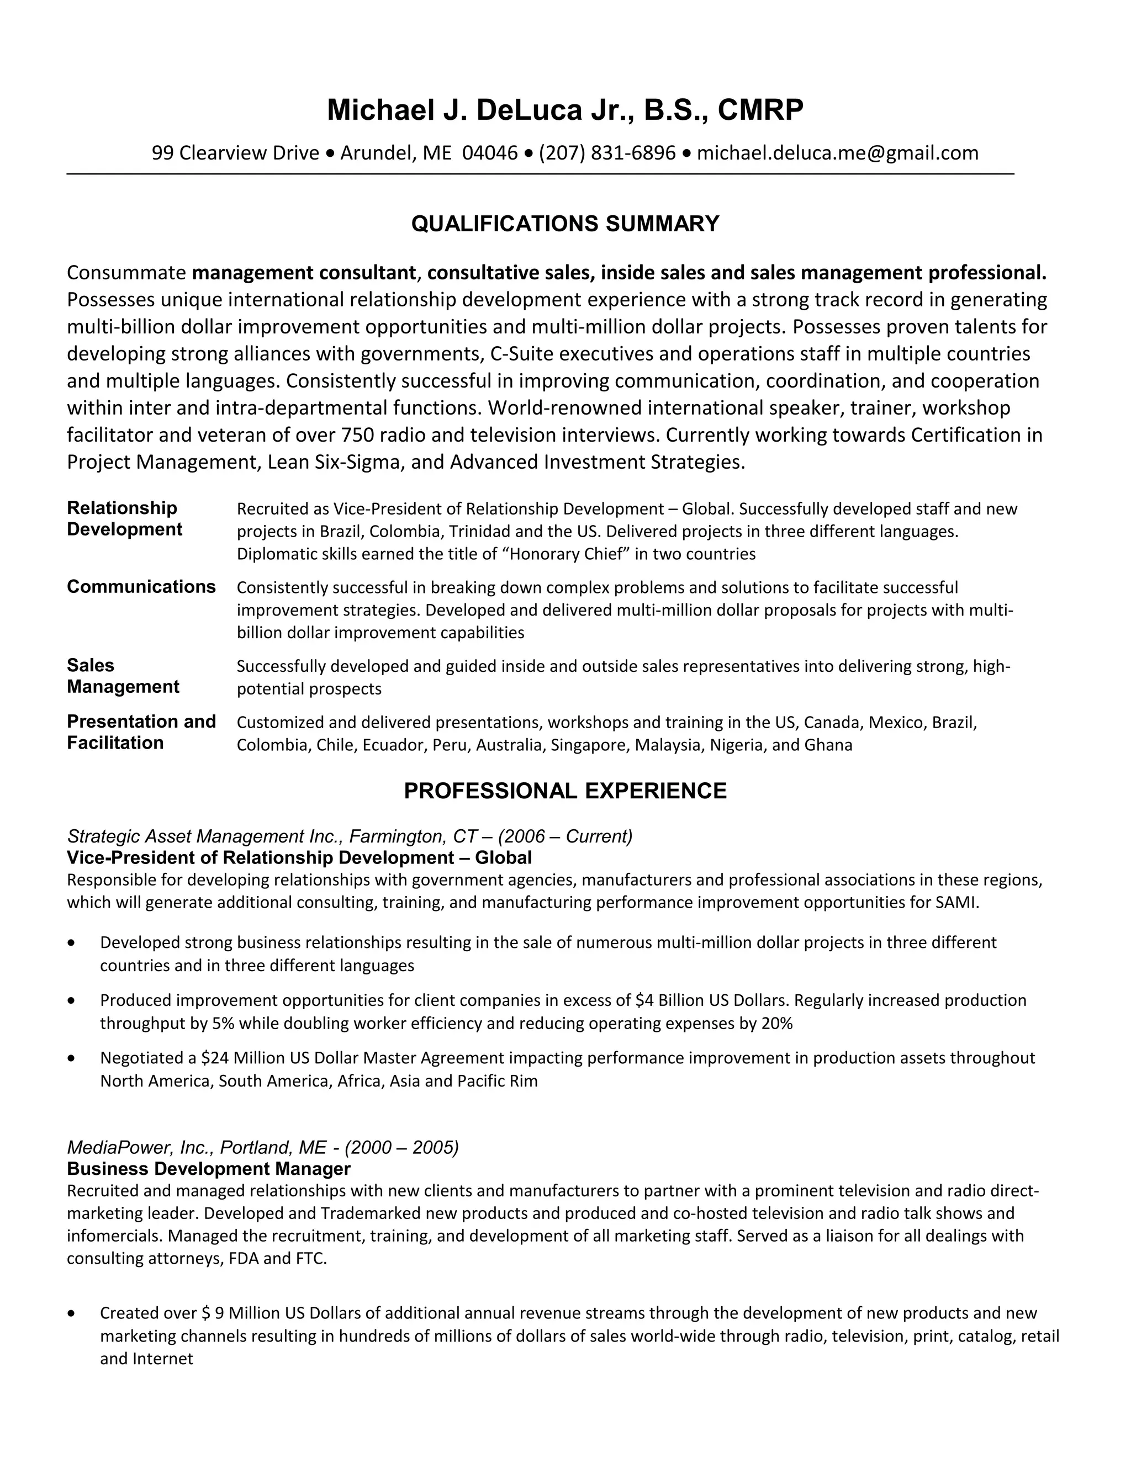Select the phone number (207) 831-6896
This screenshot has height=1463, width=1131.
tap(607, 153)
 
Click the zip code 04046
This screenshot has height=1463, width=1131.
tap(490, 153)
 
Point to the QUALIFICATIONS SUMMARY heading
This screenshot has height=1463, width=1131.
tap(565, 224)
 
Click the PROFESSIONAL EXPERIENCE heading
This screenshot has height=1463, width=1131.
tap(565, 791)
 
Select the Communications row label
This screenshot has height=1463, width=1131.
tap(141, 587)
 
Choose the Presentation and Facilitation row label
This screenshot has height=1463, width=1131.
tap(141, 732)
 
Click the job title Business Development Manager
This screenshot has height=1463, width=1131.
tap(208, 1169)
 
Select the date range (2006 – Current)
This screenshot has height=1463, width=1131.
tap(565, 836)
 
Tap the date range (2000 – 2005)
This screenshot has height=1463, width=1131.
tap(401, 1148)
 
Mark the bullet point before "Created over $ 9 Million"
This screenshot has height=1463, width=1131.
tap(72, 1313)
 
